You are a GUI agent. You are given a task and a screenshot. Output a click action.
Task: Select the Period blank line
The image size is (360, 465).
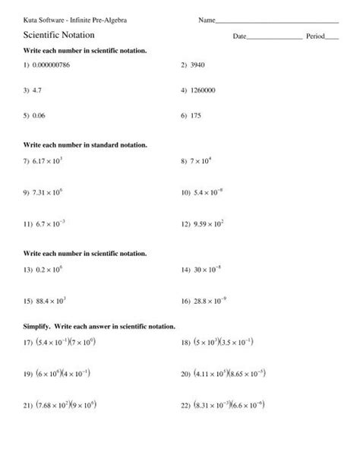(332, 38)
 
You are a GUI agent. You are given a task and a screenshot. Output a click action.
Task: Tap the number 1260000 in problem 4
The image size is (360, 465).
(206, 90)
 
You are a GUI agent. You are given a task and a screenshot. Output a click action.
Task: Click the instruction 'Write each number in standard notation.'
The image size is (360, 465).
(85, 144)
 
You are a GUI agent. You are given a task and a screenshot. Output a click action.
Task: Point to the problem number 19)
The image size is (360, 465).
(30, 374)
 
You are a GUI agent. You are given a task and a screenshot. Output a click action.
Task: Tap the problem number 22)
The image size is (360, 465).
(186, 405)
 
